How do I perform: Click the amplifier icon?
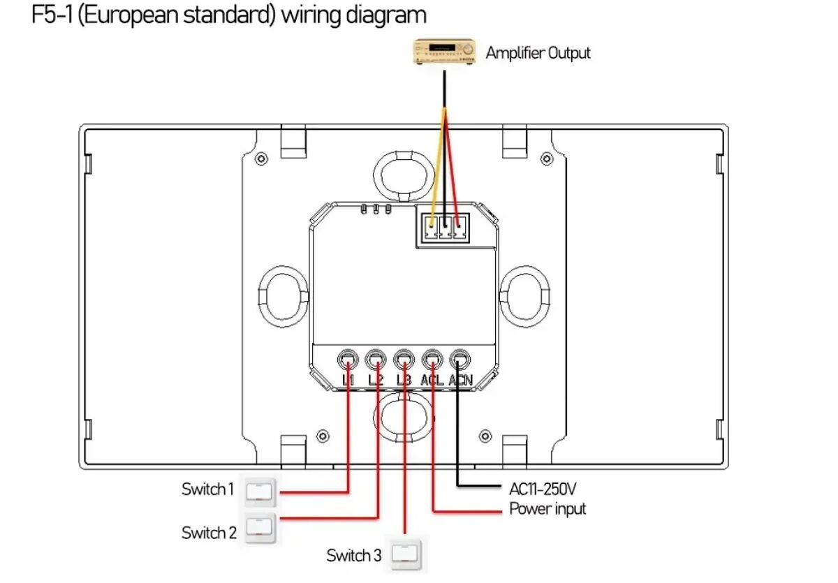click(x=445, y=52)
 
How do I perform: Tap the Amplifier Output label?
click(x=538, y=53)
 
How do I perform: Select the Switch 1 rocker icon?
click(x=260, y=492)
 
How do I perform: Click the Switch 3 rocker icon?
click(x=406, y=555)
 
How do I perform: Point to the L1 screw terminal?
click(x=348, y=360)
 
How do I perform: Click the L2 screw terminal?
click(x=376, y=360)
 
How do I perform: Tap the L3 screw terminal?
click(x=404, y=360)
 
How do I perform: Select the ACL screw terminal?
click(x=432, y=360)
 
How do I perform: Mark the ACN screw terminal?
click(x=460, y=360)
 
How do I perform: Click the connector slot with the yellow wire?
click(x=431, y=227)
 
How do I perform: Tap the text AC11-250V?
click(x=543, y=489)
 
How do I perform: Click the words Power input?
click(x=547, y=509)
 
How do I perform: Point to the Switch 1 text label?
click(x=207, y=489)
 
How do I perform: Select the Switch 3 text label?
click(x=354, y=555)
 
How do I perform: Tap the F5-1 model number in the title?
click(x=52, y=14)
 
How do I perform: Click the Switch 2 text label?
click(x=209, y=533)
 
